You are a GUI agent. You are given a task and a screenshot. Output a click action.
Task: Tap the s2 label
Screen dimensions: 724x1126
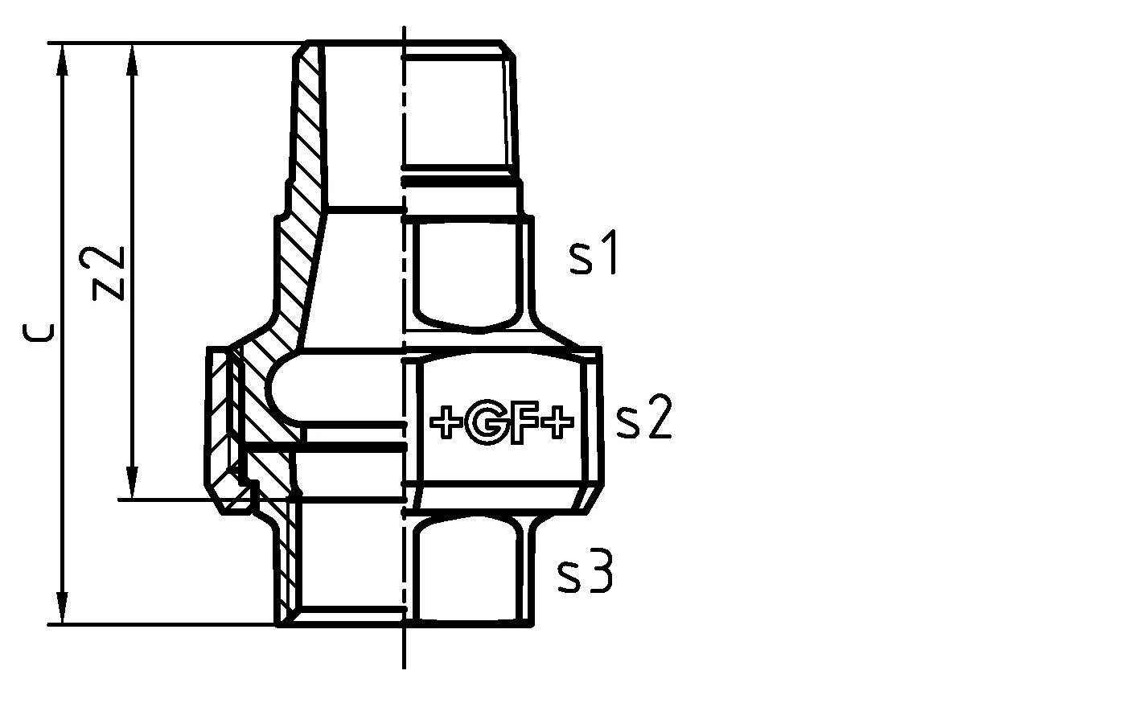click(x=643, y=420)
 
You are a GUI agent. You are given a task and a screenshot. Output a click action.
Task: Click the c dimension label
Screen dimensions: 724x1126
click(x=37, y=332)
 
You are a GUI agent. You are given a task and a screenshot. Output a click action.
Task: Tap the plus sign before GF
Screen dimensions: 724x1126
click(x=446, y=423)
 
